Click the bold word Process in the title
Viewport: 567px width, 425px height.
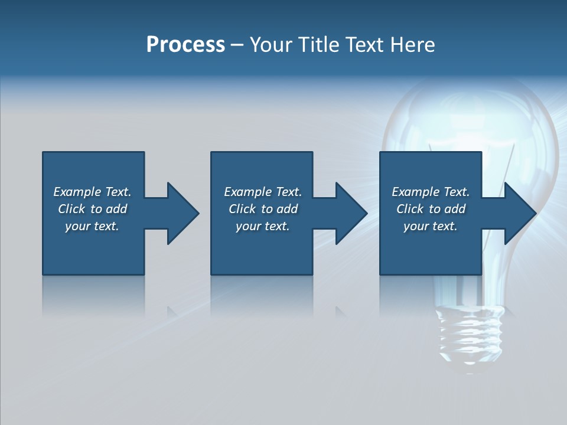pyautogui.click(x=185, y=45)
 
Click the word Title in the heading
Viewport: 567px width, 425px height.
pyautogui.click(x=317, y=45)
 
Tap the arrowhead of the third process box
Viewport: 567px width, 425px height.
pyautogui.click(x=519, y=213)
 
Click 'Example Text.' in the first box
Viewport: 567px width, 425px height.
pyautogui.click(x=93, y=192)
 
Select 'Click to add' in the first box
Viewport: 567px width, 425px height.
pyautogui.click(x=93, y=209)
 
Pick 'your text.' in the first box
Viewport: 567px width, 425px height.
pyautogui.click(x=93, y=226)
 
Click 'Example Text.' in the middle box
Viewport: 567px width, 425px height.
pyautogui.click(x=263, y=192)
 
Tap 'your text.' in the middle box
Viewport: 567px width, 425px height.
pyautogui.click(x=263, y=226)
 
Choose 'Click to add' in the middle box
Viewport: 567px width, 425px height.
pyautogui.click(x=263, y=209)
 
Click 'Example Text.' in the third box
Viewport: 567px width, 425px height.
pyautogui.click(x=431, y=192)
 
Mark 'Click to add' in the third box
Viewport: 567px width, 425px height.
pyautogui.click(x=431, y=209)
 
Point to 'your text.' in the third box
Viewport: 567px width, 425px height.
pyautogui.click(x=431, y=226)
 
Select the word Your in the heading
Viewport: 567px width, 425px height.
pyautogui.click(x=271, y=45)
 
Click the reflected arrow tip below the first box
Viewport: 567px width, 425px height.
pyautogui.click(x=171, y=310)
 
